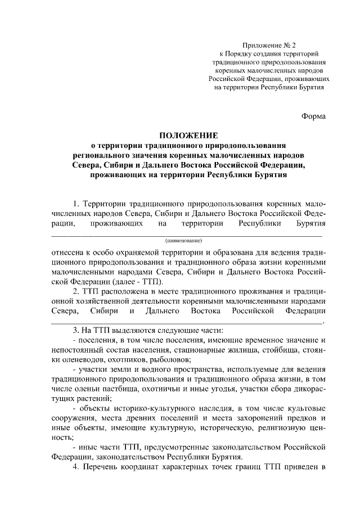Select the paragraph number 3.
pos(76,330)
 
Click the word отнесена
pos(67,251)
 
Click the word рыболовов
pos(171,360)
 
